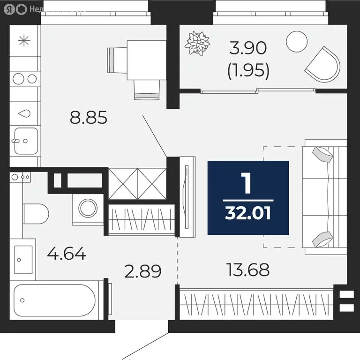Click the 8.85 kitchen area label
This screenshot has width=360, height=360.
[x=89, y=117]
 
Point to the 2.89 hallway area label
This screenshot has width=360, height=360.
[x=142, y=271]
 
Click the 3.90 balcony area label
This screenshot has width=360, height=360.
[x=248, y=48]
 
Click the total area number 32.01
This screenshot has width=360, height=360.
[x=248, y=214]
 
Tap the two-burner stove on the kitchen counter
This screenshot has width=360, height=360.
[x=25, y=78]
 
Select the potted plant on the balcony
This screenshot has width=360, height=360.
[x=196, y=43]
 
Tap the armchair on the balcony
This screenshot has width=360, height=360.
[x=323, y=64]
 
